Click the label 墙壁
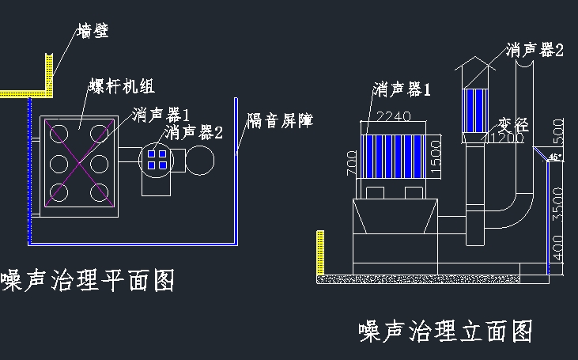pos(93,32)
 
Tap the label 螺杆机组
pos(112,85)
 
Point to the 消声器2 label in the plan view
pos(194,131)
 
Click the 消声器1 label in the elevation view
pos(402,89)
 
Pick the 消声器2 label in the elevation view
pos(535,50)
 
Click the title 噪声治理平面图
pos(88,279)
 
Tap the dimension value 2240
pos(392,117)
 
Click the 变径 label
pos(512,124)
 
